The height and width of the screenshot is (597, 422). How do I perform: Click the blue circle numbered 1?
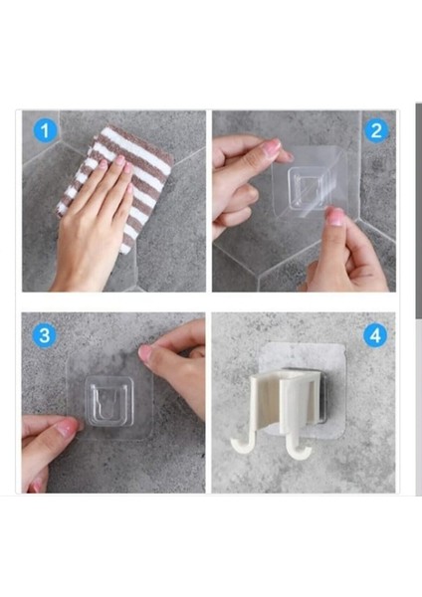(x=45, y=130)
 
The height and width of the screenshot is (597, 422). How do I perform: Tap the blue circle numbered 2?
(x=376, y=130)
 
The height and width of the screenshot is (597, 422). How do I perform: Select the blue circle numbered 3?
(x=45, y=336)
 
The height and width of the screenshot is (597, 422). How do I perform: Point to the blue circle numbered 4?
(x=375, y=336)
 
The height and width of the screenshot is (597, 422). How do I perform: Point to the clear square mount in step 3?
(x=109, y=400)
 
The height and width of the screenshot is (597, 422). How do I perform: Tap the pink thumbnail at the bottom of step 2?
(x=335, y=217)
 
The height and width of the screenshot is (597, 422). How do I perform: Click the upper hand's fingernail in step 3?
(x=144, y=352)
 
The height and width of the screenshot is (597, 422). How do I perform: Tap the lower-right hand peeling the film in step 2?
(x=342, y=252)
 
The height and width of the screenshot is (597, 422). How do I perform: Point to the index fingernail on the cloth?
(x=120, y=160)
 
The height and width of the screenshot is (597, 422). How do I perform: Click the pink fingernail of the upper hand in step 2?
(x=272, y=146)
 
